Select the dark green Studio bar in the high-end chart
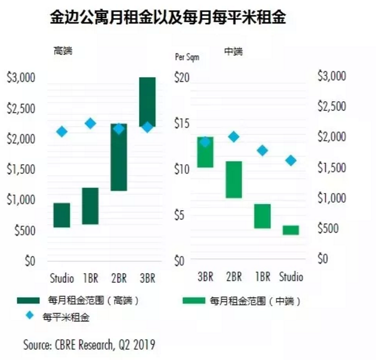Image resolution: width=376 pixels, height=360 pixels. [x=62, y=215]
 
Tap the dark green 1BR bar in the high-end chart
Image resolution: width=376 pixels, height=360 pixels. [x=90, y=206]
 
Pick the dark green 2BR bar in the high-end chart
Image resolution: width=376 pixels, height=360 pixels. [x=119, y=157]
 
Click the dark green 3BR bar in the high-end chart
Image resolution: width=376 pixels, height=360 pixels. [x=147, y=102]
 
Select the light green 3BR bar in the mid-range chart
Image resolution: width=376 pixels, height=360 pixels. [x=205, y=152]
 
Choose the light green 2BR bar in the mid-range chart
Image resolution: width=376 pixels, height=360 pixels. [x=233, y=179]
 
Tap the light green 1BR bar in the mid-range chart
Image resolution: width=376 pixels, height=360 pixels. [x=262, y=216]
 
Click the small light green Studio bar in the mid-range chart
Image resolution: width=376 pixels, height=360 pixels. [x=291, y=230]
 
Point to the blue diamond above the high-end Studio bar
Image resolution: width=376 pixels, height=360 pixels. [x=62, y=132]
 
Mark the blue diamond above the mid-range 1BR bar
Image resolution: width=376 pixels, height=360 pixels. [x=262, y=151]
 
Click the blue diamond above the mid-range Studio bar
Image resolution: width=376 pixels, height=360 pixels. [x=291, y=160]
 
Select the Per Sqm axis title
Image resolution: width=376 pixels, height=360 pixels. [x=186, y=58]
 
